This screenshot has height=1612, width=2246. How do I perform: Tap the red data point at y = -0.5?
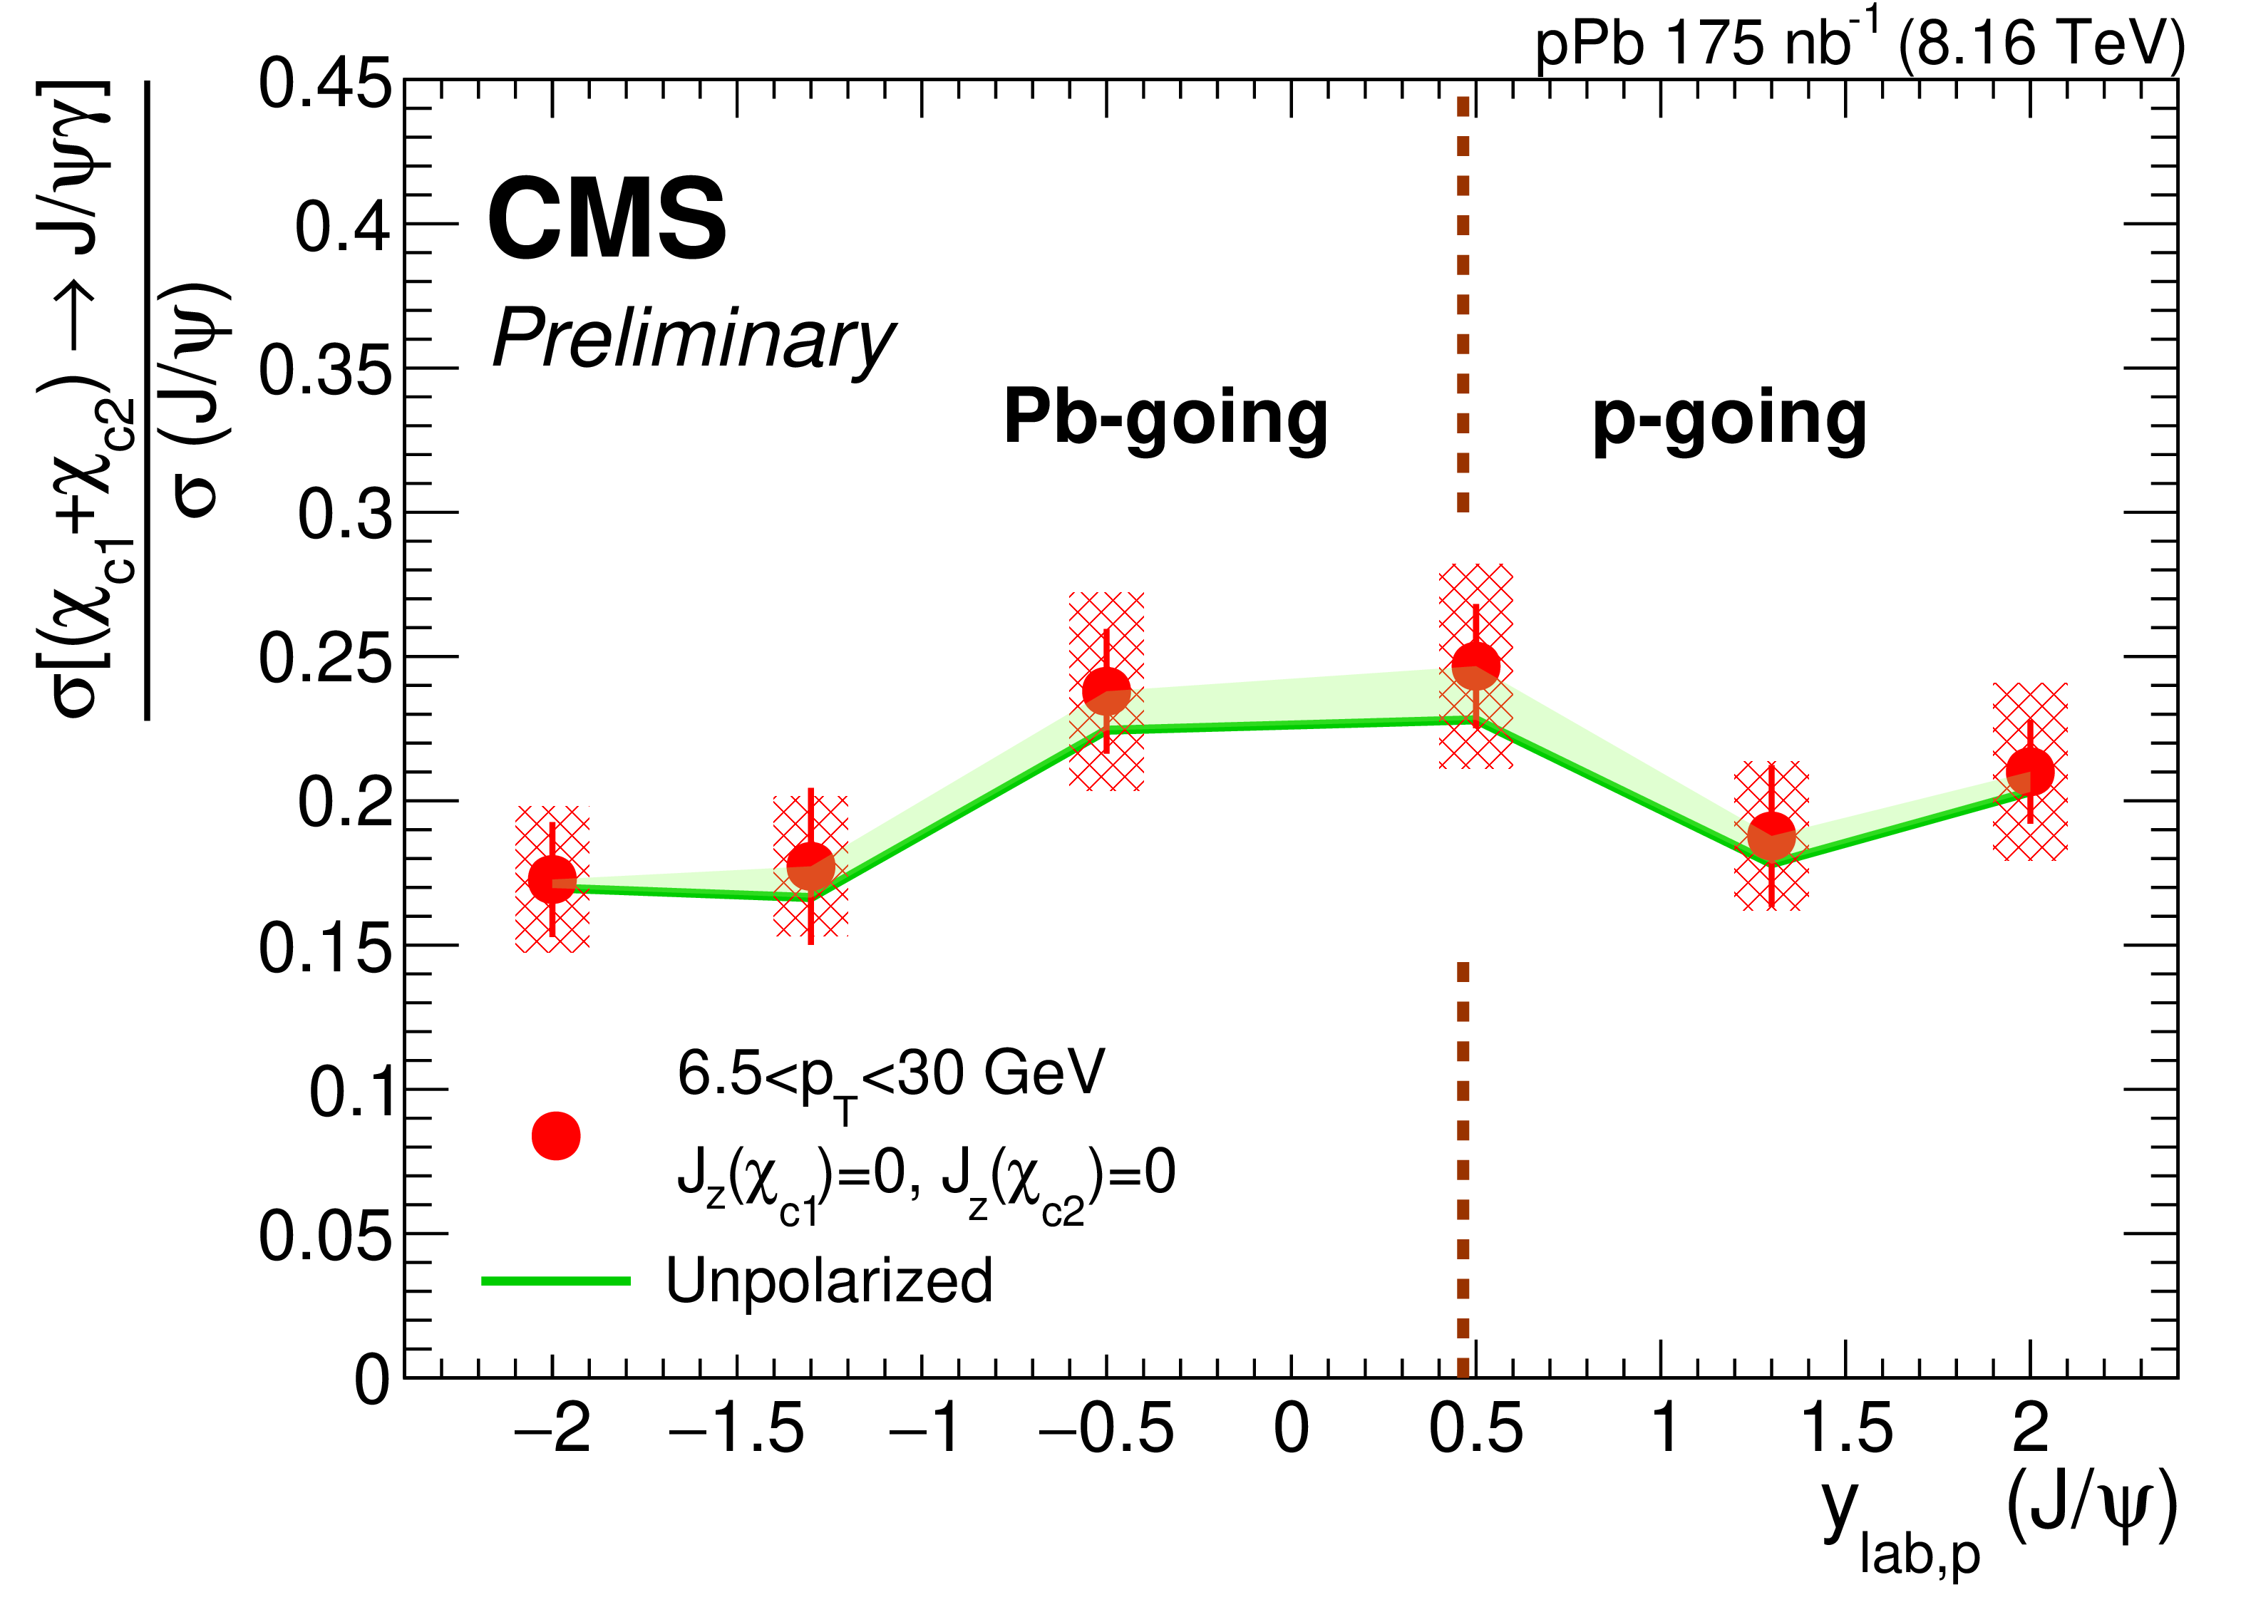coord(1106,690)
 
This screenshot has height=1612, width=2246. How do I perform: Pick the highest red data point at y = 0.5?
coord(1475,666)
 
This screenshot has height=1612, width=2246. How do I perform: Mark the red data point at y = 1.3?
coord(1772,837)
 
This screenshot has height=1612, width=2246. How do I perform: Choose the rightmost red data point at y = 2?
coord(2030,771)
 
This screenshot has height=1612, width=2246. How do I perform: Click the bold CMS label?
coord(606,219)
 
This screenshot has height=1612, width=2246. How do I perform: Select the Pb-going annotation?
coord(1165,418)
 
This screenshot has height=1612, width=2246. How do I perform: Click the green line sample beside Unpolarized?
coord(555,1281)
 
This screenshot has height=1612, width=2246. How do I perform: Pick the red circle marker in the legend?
coord(555,1136)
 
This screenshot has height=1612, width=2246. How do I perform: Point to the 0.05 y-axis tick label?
coord(325,1236)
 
